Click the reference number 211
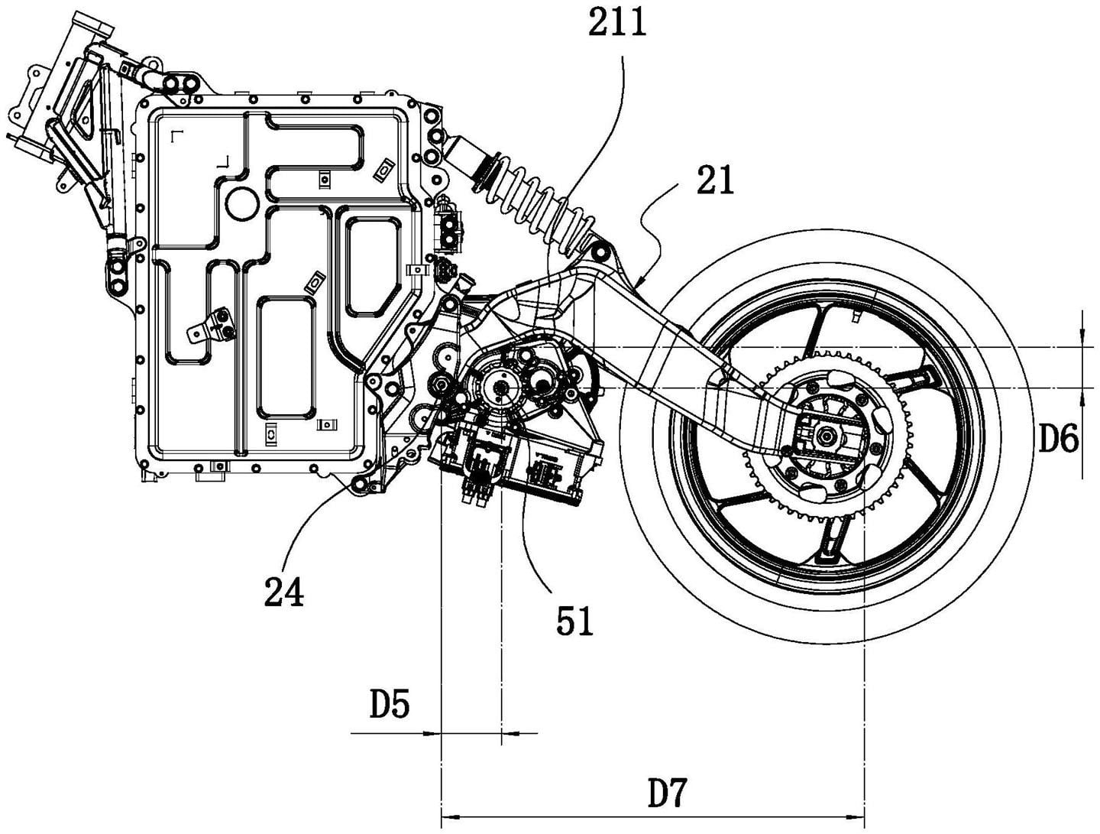pos(616,23)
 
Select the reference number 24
pos(283,591)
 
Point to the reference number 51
pos(574,621)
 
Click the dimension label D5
pos(390,705)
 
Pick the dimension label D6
pos(1058,440)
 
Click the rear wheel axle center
pos(827,436)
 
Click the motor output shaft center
pos(502,390)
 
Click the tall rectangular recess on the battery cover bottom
pos(286,356)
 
